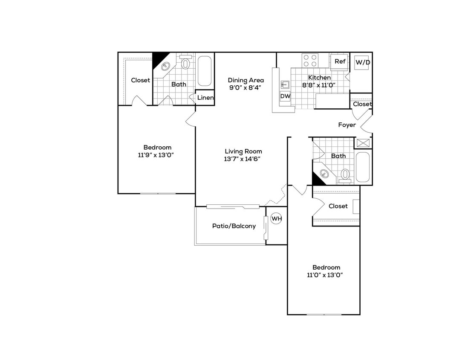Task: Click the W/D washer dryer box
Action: [363, 62]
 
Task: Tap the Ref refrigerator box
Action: [340, 61]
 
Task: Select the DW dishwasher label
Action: [285, 96]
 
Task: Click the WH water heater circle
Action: [277, 219]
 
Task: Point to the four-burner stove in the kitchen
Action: [310, 60]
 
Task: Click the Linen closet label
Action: [205, 98]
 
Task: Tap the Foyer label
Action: [347, 125]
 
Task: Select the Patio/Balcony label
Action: [234, 226]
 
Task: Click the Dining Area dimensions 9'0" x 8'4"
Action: [246, 87]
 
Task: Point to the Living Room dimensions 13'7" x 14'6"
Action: [243, 159]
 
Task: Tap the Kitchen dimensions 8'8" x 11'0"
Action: [319, 85]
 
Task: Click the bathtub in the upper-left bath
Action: [205, 71]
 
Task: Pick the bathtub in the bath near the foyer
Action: [364, 167]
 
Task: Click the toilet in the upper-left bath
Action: [185, 64]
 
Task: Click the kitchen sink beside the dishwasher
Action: [284, 84]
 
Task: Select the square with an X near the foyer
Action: [364, 143]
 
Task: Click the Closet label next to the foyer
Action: [362, 104]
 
